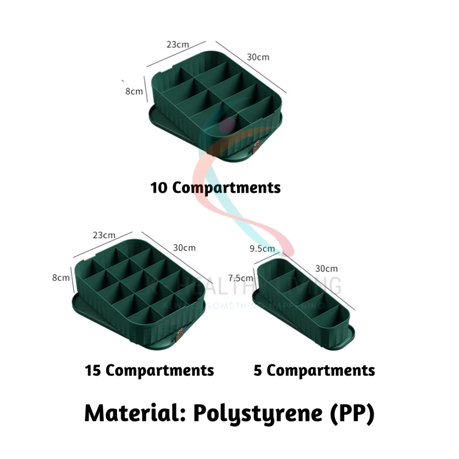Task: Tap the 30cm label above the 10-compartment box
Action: click(x=258, y=57)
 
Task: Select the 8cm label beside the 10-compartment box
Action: click(x=134, y=91)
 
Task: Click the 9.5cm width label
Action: click(x=262, y=248)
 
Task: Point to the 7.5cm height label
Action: click(x=240, y=278)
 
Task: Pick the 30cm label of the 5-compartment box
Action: click(x=326, y=268)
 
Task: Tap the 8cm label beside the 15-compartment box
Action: click(x=61, y=277)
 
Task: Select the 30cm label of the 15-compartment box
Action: click(x=184, y=247)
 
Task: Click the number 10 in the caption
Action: click(x=159, y=187)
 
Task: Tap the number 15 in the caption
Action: click(x=93, y=371)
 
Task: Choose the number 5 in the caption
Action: click(x=258, y=371)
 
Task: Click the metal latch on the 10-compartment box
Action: click(x=257, y=146)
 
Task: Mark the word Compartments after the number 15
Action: click(x=160, y=371)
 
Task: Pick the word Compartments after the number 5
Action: click(x=321, y=371)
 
